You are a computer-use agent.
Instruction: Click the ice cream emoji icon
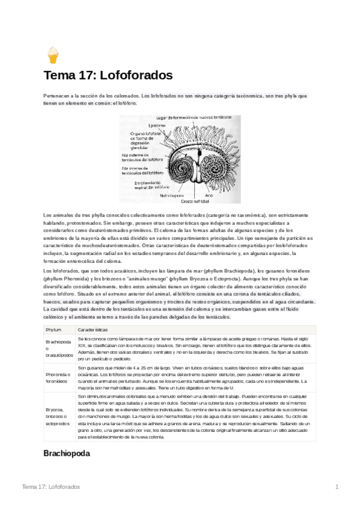click(x=53, y=56)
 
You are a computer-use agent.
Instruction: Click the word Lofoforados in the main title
click(x=131, y=76)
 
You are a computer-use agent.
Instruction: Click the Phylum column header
click(x=53, y=330)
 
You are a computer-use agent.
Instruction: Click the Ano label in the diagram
click(x=209, y=195)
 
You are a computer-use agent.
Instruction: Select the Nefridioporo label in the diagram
click(x=171, y=195)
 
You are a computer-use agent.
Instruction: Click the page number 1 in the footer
click(x=337, y=486)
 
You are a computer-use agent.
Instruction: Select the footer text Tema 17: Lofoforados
click(x=51, y=486)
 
